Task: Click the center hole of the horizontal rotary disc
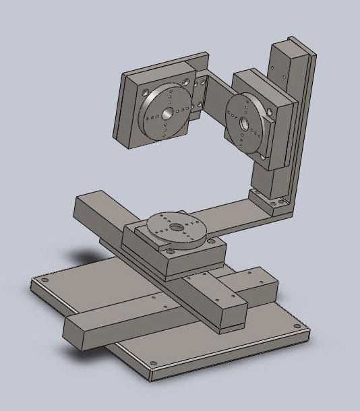[x=177, y=227]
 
